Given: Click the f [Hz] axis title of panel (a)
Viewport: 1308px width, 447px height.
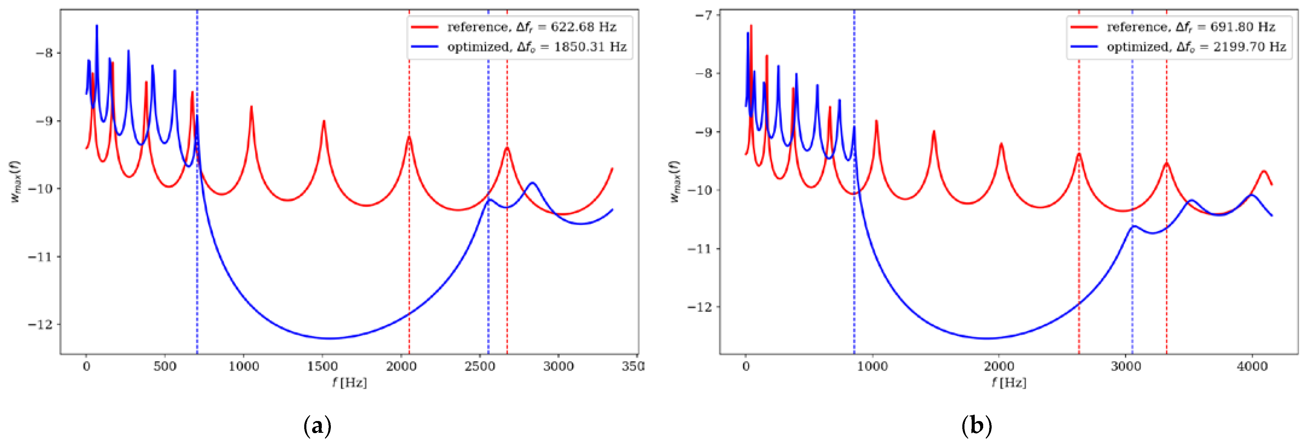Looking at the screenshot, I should point(349,382).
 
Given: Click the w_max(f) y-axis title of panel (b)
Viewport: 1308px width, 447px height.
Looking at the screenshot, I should point(675,182).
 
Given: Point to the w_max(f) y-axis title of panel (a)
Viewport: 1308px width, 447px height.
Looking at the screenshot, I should point(15,182).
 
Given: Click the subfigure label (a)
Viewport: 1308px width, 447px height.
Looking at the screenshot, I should point(317,425).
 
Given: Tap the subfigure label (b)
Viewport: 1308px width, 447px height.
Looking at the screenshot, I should point(977,425).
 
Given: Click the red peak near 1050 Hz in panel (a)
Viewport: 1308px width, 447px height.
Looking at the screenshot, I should point(251,107).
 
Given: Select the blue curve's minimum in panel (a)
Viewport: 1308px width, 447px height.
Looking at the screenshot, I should point(330,338).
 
